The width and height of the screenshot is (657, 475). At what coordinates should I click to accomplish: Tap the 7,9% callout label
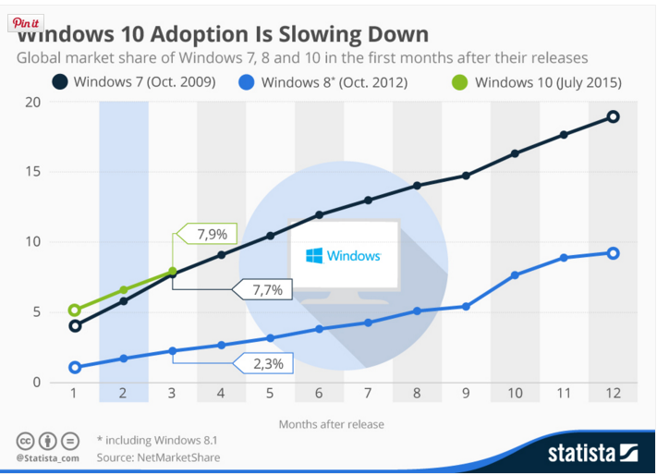(212, 234)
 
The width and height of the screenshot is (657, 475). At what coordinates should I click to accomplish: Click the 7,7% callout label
(267, 290)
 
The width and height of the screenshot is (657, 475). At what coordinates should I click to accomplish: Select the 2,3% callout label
(267, 363)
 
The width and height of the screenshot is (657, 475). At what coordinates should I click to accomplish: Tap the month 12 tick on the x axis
(612, 394)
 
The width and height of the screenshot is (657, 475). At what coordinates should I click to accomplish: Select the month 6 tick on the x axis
(319, 394)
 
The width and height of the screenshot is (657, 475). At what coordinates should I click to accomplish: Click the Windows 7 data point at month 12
(612, 116)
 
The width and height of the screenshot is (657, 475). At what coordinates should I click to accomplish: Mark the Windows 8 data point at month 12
(612, 253)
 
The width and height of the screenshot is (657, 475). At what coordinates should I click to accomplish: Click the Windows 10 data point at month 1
(75, 311)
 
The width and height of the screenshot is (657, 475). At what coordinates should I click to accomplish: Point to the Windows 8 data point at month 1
(75, 368)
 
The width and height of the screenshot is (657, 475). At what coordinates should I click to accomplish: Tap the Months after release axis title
(332, 424)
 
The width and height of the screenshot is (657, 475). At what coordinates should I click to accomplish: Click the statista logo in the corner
(592, 453)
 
